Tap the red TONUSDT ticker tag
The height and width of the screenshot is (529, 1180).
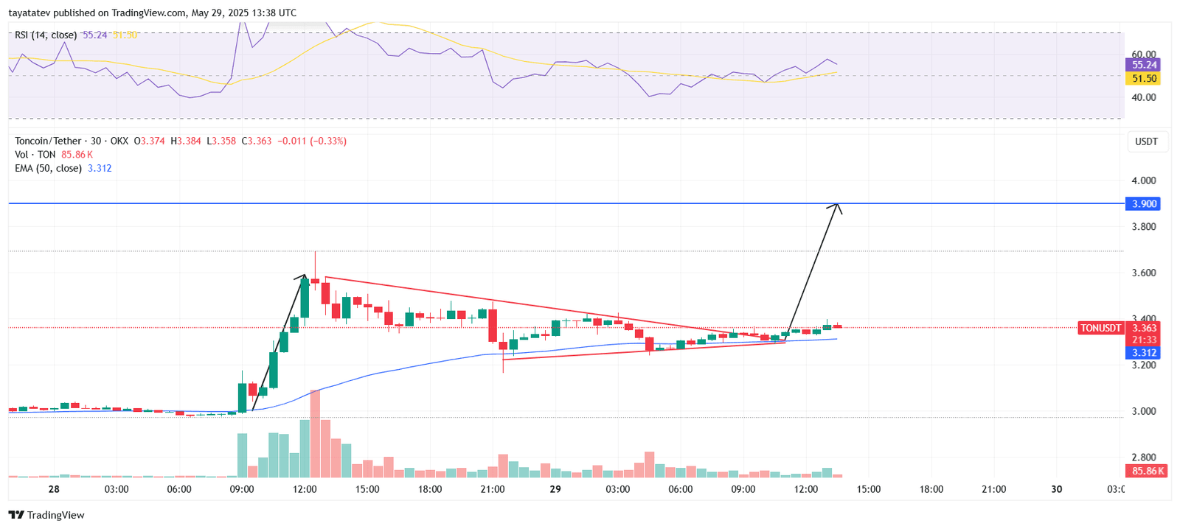(1100, 328)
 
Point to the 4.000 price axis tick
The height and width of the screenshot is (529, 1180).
(1144, 181)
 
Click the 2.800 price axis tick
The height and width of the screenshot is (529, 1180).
(1144, 458)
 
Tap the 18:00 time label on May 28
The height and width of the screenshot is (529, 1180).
(430, 489)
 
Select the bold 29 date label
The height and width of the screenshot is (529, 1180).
(555, 489)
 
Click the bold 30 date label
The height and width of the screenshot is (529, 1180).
(1056, 489)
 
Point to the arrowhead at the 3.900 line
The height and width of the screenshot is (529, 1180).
(837, 206)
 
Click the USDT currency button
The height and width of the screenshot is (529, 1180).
(1146, 141)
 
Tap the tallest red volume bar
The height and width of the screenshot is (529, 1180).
(315, 435)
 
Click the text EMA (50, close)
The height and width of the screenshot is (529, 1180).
(48, 169)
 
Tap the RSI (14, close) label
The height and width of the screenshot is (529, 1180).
(46, 35)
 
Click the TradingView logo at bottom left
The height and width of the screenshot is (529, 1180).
(46, 515)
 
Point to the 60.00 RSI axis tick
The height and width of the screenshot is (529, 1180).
(1144, 55)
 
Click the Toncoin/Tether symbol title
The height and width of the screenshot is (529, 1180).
(48, 141)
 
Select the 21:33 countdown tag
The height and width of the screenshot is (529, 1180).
(1144, 340)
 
